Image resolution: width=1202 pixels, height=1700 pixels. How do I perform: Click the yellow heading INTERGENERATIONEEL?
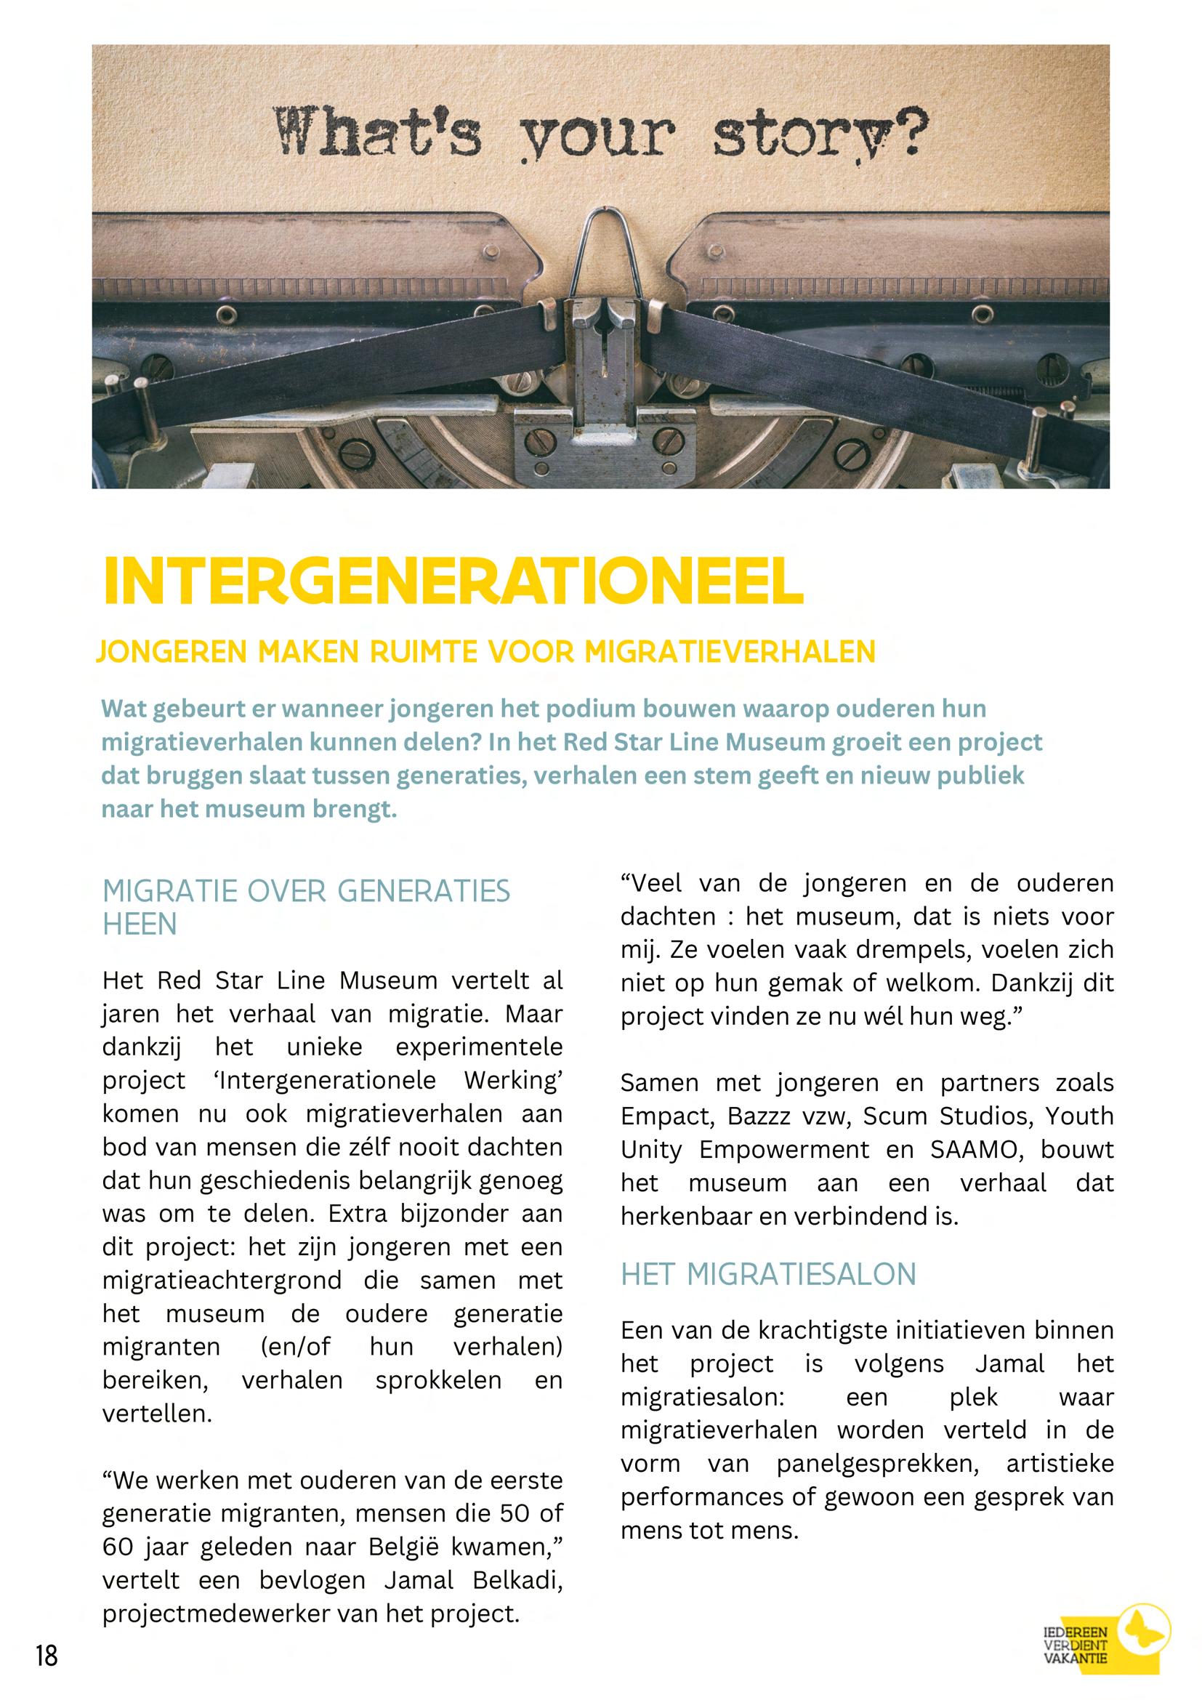pos(453,581)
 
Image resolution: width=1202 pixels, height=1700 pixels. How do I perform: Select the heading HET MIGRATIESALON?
pos(767,1274)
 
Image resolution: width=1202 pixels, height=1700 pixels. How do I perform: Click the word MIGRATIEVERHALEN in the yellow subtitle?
pos(729,652)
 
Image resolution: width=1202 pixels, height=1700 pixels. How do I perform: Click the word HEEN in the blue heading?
pos(140,924)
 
